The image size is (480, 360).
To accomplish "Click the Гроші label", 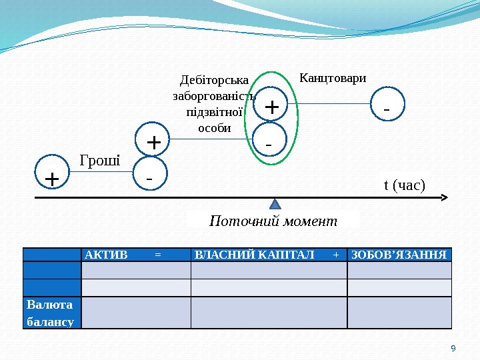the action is coord(100,160).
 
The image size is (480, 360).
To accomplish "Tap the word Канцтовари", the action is coord(333,79).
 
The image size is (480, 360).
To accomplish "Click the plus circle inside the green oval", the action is coord(271,106).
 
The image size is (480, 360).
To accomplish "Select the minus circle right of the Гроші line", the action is coord(149,178).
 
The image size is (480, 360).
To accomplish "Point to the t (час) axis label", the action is coord(404,184).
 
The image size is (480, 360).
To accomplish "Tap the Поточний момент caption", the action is coord(273,221).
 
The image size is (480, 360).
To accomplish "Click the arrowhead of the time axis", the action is coord(446,198).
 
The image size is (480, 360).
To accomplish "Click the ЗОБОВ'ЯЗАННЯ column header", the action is coord(399,255).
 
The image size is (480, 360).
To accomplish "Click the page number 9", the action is coord(453,348).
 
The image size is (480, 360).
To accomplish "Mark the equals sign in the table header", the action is coord(157,255).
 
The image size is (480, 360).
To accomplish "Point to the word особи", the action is coord(215,127).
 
